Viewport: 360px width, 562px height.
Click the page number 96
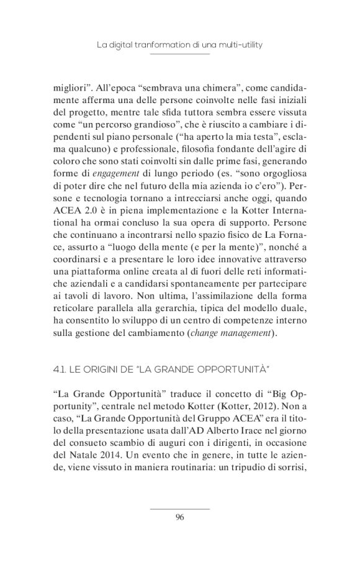[180, 517]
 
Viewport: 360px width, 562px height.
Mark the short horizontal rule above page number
[180, 509]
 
